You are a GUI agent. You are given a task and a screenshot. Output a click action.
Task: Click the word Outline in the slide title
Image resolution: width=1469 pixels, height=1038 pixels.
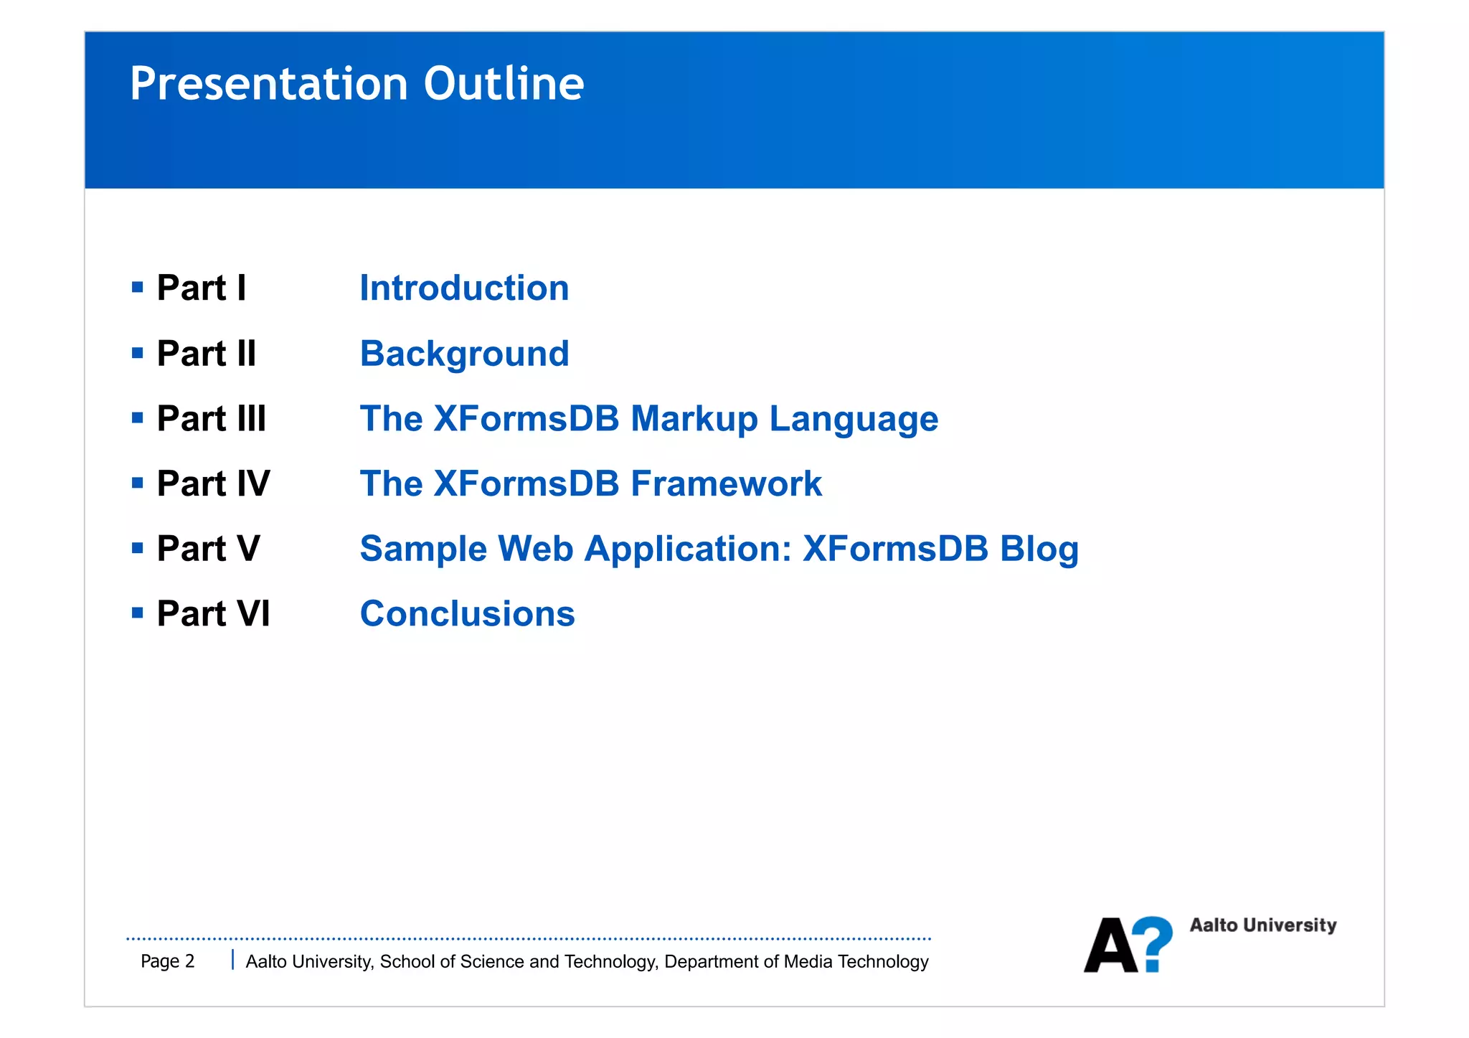504,84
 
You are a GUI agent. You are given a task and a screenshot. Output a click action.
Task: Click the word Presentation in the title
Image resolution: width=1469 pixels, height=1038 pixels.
270,84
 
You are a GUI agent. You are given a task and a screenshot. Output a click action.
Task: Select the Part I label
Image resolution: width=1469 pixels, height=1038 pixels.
202,288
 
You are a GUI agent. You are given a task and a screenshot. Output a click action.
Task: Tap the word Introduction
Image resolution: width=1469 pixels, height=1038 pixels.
464,288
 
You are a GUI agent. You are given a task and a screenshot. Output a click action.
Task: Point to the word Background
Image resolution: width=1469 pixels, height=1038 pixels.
464,354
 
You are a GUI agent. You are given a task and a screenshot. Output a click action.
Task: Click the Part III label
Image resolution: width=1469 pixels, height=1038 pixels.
211,418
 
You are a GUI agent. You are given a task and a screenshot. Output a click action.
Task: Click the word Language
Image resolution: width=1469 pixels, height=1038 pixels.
854,419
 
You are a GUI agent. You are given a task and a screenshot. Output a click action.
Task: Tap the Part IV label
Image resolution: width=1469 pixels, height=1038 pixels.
213,483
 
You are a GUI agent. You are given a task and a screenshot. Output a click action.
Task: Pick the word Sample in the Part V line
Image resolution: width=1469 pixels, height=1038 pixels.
423,549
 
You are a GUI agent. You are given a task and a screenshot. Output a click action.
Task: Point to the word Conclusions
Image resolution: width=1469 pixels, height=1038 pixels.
467,614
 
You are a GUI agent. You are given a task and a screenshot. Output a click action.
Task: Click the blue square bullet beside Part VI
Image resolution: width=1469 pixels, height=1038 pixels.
138,613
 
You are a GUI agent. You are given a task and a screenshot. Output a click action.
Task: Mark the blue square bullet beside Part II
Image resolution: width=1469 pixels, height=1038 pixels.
138,352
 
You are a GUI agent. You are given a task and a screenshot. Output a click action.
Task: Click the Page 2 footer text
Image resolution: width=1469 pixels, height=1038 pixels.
167,961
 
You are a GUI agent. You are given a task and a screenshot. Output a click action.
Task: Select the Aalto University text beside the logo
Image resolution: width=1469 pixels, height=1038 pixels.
1262,925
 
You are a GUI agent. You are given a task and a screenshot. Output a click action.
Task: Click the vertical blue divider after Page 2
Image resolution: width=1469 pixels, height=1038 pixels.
232,960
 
